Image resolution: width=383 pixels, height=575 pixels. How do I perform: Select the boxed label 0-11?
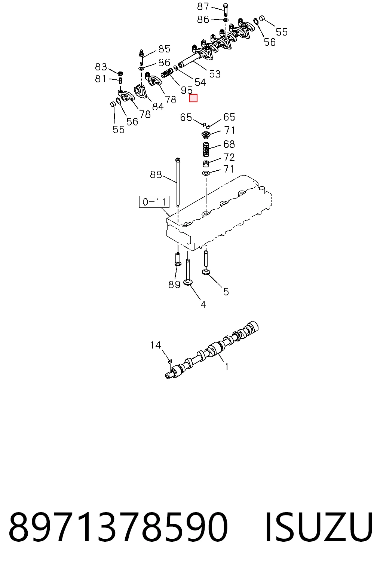(x=154, y=202)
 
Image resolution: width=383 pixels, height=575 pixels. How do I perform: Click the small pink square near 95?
(x=193, y=98)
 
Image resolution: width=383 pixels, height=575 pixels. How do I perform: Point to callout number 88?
(x=156, y=175)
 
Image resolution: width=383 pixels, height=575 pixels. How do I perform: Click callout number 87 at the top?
(x=203, y=7)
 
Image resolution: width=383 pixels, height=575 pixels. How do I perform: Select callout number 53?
(x=215, y=74)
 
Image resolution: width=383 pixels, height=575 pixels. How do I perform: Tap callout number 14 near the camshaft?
(x=156, y=345)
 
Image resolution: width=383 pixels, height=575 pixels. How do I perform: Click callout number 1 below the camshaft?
(x=227, y=367)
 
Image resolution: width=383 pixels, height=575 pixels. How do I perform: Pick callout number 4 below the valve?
(x=203, y=305)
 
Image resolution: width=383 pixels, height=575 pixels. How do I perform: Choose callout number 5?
(x=226, y=292)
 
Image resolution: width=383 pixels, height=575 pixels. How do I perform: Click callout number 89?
(x=174, y=285)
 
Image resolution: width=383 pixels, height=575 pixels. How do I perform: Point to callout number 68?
(x=229, y=144)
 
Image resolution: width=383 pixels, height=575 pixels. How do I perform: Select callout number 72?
(x=229, y=157)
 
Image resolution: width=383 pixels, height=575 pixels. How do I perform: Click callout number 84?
(x=158, y=107)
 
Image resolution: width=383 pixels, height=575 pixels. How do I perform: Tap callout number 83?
(x=101, y=67)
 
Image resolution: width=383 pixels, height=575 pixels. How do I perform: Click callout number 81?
(x=100, y=79)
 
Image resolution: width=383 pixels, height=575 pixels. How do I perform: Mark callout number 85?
(x=164, y=49)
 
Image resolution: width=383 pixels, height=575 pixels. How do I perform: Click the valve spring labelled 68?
(x=206, y=149)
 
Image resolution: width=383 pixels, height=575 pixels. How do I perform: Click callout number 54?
(x=200, y=82)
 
